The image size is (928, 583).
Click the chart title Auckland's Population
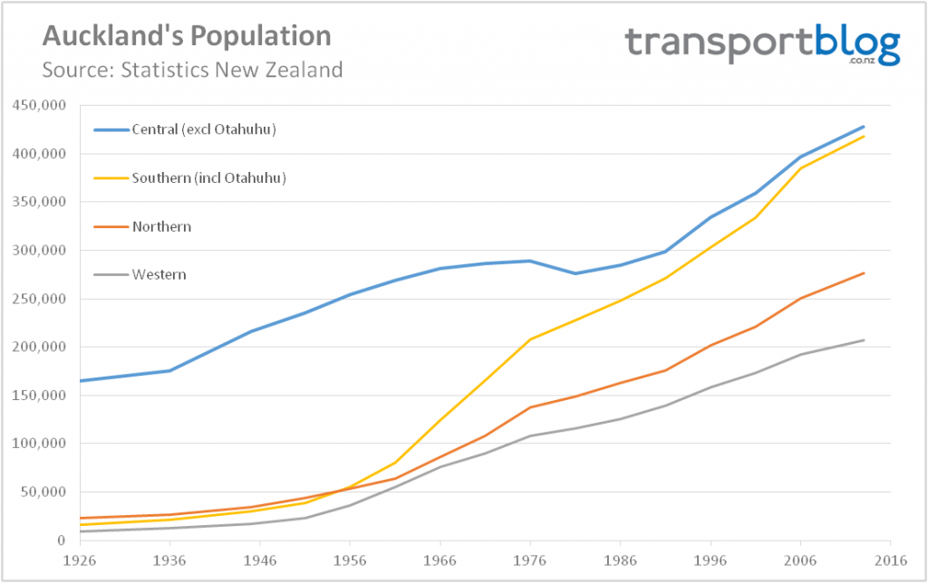(x=187, y=36)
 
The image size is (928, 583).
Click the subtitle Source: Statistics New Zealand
(x=192, y=70)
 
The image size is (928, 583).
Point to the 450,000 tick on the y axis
(x=40, y=105)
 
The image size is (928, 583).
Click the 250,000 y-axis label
(x=40, y=299)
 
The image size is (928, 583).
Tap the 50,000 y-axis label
(x=43, y=492)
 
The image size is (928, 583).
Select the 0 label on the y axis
(x=62, y=540)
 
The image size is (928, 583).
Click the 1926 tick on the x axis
(x=80, y=559)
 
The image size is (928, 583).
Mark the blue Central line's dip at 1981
(x=575, y=273)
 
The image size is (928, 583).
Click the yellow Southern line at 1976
(x=530, y=339)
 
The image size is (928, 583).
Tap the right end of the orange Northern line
(x=864, y=272)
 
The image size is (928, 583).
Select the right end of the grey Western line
(x=864, y=340)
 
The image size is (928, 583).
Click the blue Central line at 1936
(x=169, y=370)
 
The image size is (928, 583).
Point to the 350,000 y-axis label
(x=40, y=202)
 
